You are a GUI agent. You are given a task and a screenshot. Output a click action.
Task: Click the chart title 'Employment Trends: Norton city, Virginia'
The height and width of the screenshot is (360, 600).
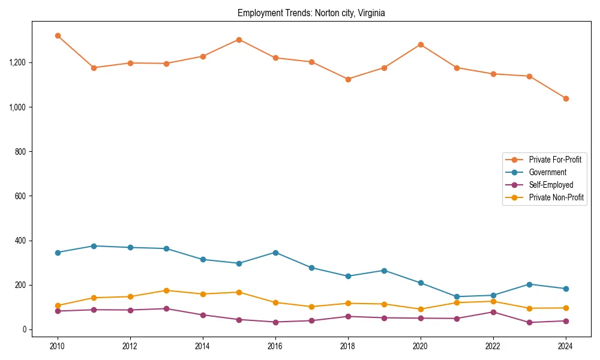pyautogui.click(x=311, y=13)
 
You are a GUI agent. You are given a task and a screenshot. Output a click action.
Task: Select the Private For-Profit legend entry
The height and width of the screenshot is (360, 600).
pyautogui.click(x=554, y=160)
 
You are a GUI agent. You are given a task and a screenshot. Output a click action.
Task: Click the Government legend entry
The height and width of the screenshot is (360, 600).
pyautogui.click(x=547, y=172)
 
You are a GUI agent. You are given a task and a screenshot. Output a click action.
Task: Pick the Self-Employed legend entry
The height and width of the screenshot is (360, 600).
pyautogui.click(x=551, y=185)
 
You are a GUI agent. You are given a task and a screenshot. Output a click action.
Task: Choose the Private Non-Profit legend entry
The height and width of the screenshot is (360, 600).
pyautogui.click(x=556, y=197)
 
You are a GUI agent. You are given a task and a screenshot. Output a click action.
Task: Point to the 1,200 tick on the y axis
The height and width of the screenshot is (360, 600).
pyautogui.click(x=18, y=62)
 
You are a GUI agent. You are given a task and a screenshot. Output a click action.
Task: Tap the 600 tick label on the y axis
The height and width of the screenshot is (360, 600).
pyautogui.click(x=22, y=196)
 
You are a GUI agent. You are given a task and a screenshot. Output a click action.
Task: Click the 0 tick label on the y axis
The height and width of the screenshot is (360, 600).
pyautogui.click(x=25, y=329)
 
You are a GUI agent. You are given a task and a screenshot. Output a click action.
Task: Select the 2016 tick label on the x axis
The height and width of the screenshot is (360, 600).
pyautogui.click(x=275, y=346)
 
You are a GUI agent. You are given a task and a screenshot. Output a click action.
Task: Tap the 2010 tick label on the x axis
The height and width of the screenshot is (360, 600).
pyautogui.click(x=58, y=346)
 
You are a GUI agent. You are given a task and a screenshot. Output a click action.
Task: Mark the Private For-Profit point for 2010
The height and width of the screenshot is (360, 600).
pyautogui.click(x=58, y=36)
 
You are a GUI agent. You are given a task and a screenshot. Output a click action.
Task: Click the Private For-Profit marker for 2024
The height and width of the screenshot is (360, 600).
pyautogui.click(x=566, y=98)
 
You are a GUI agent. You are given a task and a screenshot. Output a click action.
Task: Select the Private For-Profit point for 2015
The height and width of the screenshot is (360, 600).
pyautogui.click(x=239, y=40)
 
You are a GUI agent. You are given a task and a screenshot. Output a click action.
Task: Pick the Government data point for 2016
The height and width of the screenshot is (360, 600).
pyautogui.click(x=275, y=253)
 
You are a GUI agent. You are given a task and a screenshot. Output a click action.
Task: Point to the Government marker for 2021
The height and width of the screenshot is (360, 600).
pyautogui.click(x=457, y=296)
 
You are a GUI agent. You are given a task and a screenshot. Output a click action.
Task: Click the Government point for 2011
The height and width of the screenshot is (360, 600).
pyautogui.click(x=94, y=246)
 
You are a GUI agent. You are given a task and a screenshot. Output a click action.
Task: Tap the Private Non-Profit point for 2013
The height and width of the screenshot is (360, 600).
pyautogui.click(x=166, y=290)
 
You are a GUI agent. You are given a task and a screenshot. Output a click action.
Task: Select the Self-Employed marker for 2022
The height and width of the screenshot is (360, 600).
pyautogui.click(x=493, y=312)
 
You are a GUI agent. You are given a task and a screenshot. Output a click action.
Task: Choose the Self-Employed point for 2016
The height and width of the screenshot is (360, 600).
pyautogui.click(x=275, y=322)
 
